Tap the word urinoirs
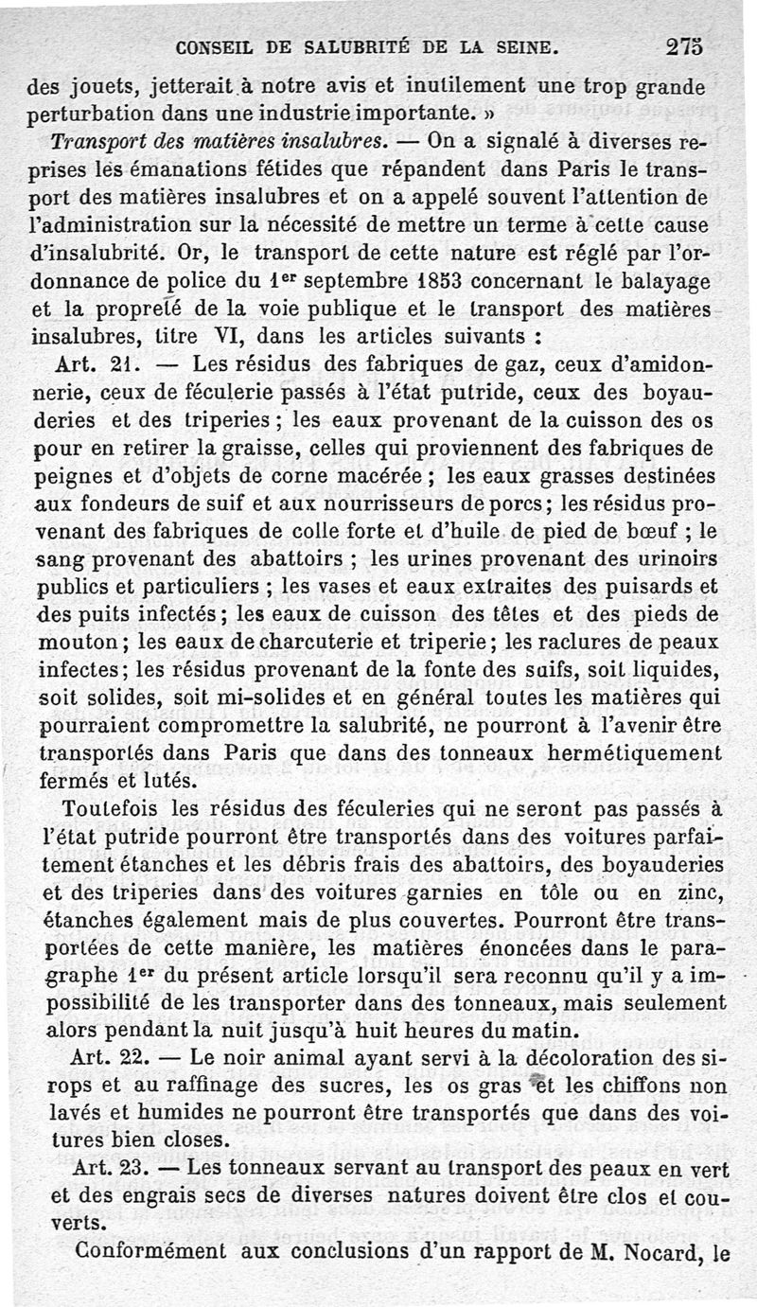click(x=673, y=558)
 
